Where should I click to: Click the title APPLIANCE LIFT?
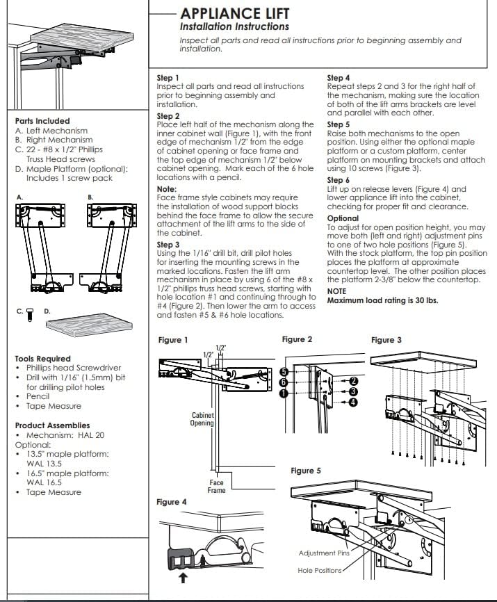[x=234, y=13]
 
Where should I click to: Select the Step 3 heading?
[x=168, y=245]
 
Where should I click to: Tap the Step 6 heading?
[x=338, y=180]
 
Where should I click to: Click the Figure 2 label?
[x=297, y=339]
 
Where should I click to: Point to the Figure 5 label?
[x=305, y=471]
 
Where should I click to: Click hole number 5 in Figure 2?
[x=284, y=372]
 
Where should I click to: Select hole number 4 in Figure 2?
[x=353, y=402]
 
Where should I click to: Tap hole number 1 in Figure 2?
[x=284, y=393]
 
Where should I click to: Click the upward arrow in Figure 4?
[x=183, y=578]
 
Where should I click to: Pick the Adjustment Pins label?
[x=325, y=553]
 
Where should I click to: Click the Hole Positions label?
[x=320, y=571]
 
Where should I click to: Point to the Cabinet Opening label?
[x=202, y=419]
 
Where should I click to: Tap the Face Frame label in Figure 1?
[x=216, y=487]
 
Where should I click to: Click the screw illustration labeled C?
[x=30, y=314]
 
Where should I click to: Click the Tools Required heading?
[x=43, y=359]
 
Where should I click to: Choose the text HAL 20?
[x=91, y=435]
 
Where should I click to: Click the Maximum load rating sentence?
[x=382, y=300]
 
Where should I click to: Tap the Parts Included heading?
[x=42, y=121]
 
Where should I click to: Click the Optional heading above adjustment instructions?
[x=343, y=218]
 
